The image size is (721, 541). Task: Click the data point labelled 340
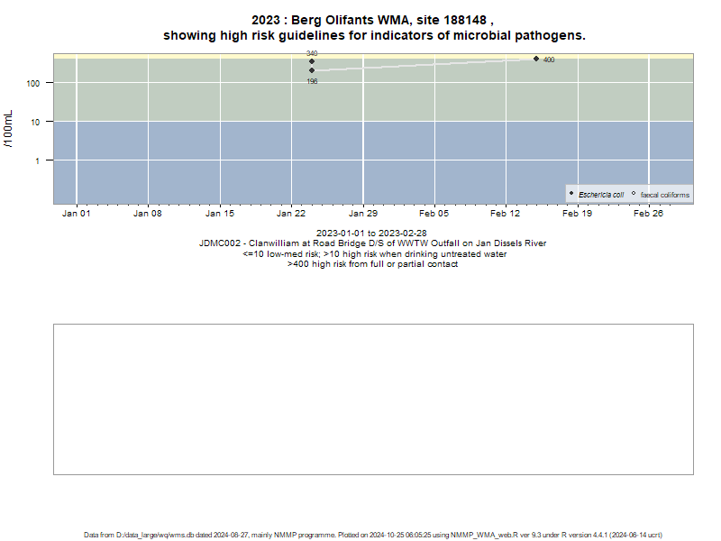(312, 61)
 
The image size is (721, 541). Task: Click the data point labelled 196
(312, 70)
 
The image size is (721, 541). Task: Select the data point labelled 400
(536, 59)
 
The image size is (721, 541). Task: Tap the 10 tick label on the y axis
(35, 122)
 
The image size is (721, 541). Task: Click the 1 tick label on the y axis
(38, 160)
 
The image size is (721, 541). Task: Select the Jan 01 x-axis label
(77, 214)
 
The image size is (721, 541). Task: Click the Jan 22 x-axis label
(291, 214)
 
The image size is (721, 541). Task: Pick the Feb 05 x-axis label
(434, 214)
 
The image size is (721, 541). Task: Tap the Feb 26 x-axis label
(648, 214)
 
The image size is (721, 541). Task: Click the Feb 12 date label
(506, 214)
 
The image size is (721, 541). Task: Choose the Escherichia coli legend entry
(597, 195)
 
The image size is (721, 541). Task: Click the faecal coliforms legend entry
(661, 195)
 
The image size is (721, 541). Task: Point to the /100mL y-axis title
(9, 129)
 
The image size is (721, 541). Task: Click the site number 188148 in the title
(464, 20)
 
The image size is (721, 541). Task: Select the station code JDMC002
(219, 243)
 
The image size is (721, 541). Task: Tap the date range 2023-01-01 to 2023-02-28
(371, 234)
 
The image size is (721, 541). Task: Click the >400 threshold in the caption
(298, 264)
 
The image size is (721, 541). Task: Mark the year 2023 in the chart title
(266, 20)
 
